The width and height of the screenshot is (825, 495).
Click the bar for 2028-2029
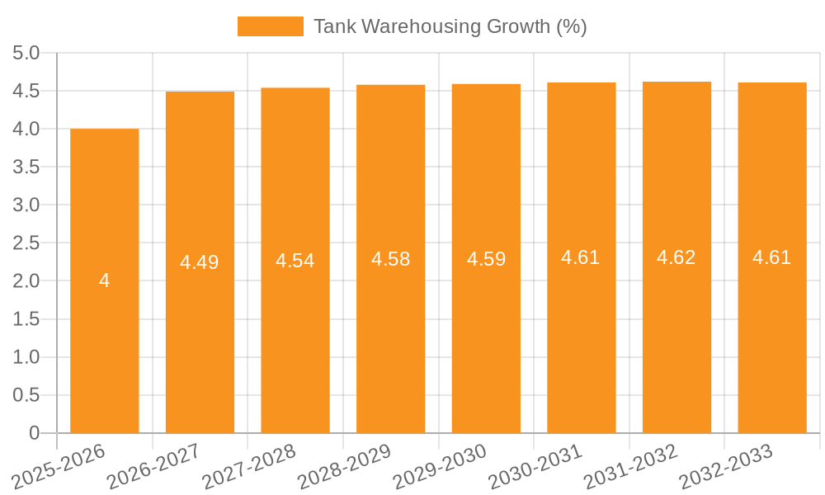coord(391,330)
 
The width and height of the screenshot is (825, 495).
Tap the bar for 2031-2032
coord(676,330)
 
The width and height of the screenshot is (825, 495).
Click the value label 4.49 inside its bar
coord(200,262)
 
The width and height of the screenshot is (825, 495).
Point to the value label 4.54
coord(295,261)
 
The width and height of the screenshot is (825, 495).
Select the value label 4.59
coord(487,259)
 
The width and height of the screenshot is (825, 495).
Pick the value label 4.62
coord(676,257)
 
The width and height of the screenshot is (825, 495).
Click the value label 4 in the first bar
coord(105,280)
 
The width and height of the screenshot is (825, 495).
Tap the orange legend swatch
coord(270,26)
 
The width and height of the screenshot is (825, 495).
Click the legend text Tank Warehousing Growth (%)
coord(450,26)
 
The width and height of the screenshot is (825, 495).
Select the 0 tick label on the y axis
coord(34,433)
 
